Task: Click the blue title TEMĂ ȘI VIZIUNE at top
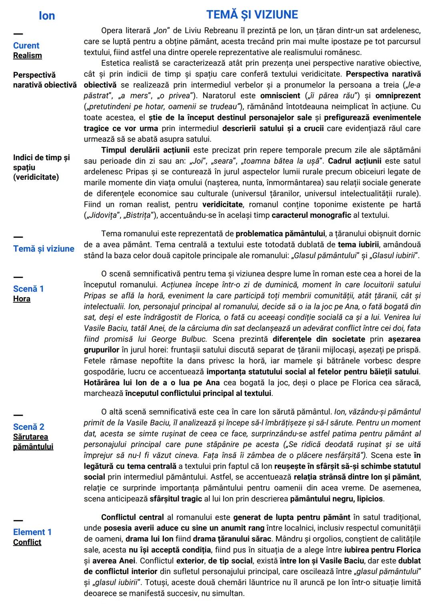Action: click(x=252, y=15)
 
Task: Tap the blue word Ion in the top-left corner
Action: click(x=47, y=16)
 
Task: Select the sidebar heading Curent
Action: click(x=26, y=46)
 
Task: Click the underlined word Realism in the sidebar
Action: click(x=27, y=56)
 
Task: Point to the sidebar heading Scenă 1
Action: click(x=28, y=289)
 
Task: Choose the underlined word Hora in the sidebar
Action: click(x=22, y=299)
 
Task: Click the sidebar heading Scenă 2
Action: click(x=28, y=427)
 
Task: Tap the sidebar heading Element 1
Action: click(x=32, y=532)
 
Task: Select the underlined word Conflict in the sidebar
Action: click(x=27, y=542)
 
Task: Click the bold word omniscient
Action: click(x=280, y=96)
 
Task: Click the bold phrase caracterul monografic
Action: click(x=306, y=215)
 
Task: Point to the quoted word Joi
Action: click(x=197, y=161)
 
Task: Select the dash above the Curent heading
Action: click(x=18, y=34)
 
